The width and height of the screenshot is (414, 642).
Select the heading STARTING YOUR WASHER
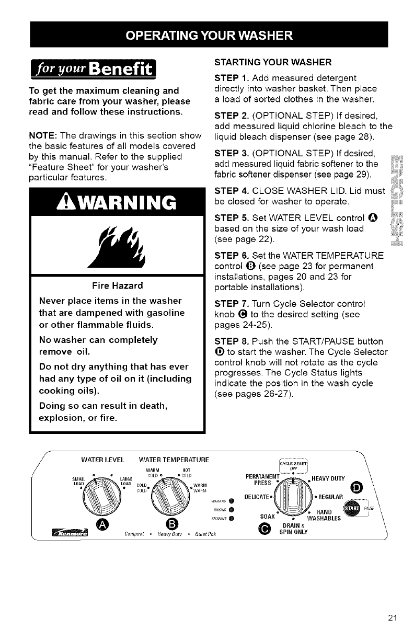[262, 63]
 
